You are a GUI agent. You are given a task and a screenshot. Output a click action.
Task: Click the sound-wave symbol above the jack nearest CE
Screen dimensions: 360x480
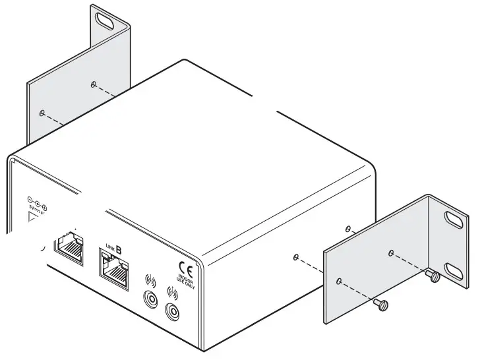click(173, 291)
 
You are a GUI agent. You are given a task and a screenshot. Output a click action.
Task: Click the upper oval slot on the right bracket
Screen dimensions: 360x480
click(453, 218)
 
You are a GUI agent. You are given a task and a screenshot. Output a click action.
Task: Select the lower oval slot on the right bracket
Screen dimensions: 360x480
click(453, 270)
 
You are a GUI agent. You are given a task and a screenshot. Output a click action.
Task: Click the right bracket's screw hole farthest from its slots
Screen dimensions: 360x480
click(339, 281)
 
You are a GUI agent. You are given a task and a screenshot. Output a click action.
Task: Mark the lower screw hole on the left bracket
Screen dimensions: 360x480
click(42, 113)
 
